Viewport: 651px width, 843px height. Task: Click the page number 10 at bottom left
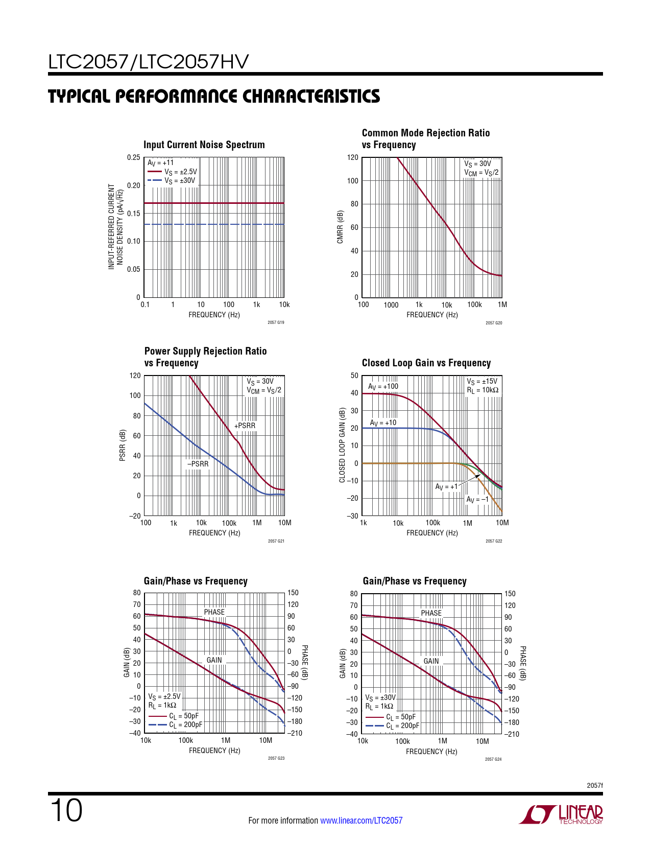[x=66, y=811]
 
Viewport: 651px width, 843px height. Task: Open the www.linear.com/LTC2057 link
[x=361, y=821]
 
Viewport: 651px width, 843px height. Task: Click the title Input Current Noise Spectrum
[x=204, y=145]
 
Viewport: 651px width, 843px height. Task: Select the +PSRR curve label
[x=245, y=426]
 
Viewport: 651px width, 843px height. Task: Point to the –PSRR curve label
[x=198, y=464]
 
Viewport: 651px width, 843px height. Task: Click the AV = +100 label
[x=383, y=387]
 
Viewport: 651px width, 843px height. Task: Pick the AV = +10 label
[x=383, y=423]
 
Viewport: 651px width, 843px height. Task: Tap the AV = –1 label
[x=477, y=499]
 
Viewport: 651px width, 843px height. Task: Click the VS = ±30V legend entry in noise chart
[x=179, y=181]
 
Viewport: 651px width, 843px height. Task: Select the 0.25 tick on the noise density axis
[x=133, y=157]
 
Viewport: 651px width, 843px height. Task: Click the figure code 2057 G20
[x=494, y=323]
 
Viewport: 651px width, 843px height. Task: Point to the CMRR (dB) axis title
[x=340, y=227]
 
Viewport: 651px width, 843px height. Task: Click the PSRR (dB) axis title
[x=123, y=445]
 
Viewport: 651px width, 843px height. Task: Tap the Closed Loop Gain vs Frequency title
[x=426, y=363]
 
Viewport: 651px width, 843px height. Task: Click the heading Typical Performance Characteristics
[x=214, y=96]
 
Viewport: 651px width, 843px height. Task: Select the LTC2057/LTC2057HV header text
[x=148, y=62]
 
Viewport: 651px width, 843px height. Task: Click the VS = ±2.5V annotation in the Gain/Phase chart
[x=164, y=696]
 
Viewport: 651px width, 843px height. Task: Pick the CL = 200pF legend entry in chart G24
[x=402, y=725]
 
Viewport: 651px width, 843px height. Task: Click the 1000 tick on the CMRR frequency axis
[x=391, y=305]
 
